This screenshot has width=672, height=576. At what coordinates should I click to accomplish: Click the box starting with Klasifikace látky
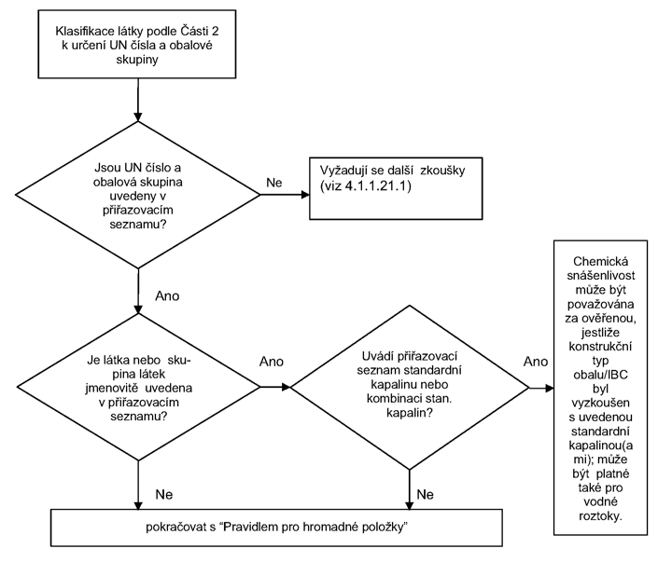click(x=136, y=44)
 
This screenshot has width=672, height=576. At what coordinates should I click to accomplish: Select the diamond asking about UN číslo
click(x=137, y=195)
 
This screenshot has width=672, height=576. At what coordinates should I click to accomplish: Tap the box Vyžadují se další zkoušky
click(x=396, y=188)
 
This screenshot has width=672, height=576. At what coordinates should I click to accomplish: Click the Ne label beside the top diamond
click(x=273, y=183)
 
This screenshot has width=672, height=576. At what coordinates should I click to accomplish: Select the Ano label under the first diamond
click(x=167, y=295)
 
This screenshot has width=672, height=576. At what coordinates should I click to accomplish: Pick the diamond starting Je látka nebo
click(x=138, y=388)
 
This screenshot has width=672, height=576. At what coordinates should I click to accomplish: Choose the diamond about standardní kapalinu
click(x=410, y=388)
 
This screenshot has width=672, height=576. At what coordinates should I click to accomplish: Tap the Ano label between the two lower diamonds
click(x=272, y=362)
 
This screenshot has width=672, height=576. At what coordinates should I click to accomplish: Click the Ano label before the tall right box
click(x=536, y=362)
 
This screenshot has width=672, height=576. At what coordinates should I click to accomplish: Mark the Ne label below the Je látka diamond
click(x=163, y=494)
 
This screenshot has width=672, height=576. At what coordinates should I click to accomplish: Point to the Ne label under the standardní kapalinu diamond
click(x=425, y=494)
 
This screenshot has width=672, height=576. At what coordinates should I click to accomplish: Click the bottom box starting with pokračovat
click(x=276, y=528)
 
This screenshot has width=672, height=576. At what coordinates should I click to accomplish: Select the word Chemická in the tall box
click(x=600, y=261)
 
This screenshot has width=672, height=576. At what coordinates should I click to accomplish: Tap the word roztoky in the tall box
click(x=600, y=516)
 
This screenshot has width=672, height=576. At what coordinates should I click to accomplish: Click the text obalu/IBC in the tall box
click(x=600, y=375)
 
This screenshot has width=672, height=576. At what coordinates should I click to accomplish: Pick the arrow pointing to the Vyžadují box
click(x=285, y=195)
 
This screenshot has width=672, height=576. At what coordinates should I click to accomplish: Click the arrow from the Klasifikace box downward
click(x=137, y=100)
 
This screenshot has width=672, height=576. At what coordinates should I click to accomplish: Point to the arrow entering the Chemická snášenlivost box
click(x=541, y=388)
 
